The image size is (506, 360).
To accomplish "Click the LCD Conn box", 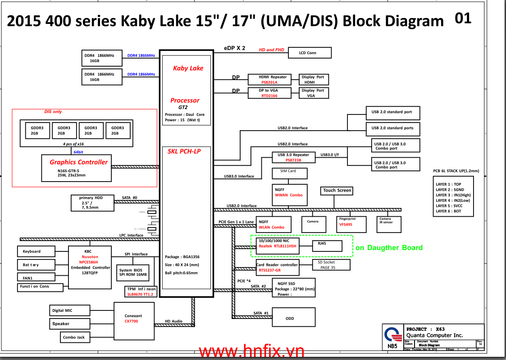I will click(x=308, y=53).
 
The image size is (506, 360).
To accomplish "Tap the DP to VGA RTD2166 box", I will click(x=269, y=93).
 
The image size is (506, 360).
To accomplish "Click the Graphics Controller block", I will click(x=76, y=168).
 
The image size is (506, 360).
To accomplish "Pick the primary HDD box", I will click(x=92, y=203).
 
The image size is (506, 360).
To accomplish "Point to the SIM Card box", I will click(x=290, y=173).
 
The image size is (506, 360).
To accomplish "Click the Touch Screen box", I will click(x=337, y=191).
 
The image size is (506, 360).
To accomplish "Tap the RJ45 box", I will click(x=327, y=246).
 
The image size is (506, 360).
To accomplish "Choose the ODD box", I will click(x=293, y=318).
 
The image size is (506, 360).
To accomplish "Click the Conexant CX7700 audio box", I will click(x=133, y=319).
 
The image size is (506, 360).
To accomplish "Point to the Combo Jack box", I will click(x=73, y=337).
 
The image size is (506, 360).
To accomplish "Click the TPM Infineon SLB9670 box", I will click(x=141, y=292).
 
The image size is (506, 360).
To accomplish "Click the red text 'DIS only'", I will click(x=53, y=111).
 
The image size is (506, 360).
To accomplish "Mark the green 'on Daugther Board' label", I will click(x=389, y=247).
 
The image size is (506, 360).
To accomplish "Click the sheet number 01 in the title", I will click(x=463, y=18).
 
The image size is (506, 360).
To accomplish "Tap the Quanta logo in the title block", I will click(x=392, y=335).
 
